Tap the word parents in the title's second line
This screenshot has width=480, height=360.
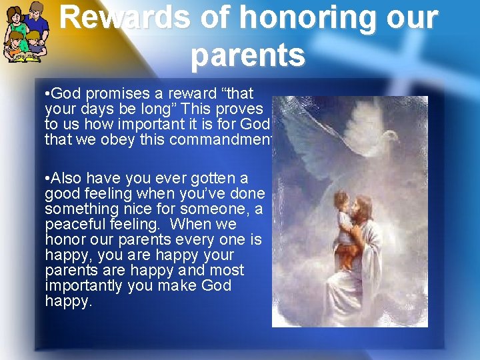coord(247,57)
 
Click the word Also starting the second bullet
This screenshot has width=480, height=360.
coord(67,178)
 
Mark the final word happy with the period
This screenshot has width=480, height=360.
coord(69,301)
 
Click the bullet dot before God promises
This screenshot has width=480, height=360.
coord(47,93)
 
